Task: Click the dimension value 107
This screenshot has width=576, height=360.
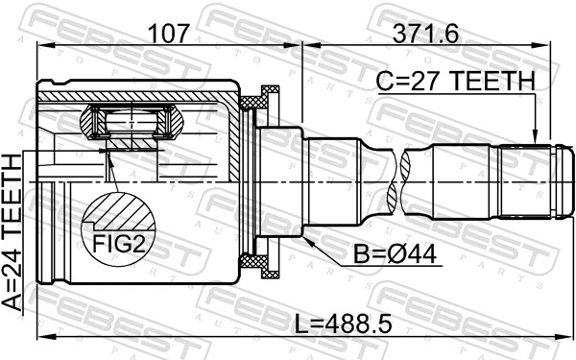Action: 169,35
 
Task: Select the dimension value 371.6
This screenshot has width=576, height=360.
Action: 423,35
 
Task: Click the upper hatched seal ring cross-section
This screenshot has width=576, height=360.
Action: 258,98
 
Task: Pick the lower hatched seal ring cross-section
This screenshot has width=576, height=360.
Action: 258,262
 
